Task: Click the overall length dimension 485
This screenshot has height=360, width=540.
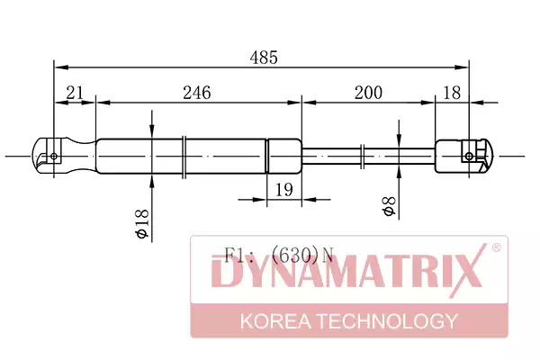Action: pyautogui.click(x=264, y=58)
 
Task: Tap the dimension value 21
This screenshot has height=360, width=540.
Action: pyautogui.click(x=75, y=93)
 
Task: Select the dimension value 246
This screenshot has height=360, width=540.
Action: pyautogui.click(x=196, y=93)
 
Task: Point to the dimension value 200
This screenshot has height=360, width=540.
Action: pyautogui.click(x=368, y=93)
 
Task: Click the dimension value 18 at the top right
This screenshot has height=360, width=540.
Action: pyautogui.click(x=452, y=93)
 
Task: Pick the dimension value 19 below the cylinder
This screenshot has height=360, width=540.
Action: pyautogui.click(x=284, y=190)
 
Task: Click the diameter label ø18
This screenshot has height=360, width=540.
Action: pyautogui.click(x=142, y=223)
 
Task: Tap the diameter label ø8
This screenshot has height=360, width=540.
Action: pyautogui.click(x=389, y=206)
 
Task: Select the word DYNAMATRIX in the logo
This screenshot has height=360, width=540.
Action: pyautogui.click(x=347, y=272)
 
